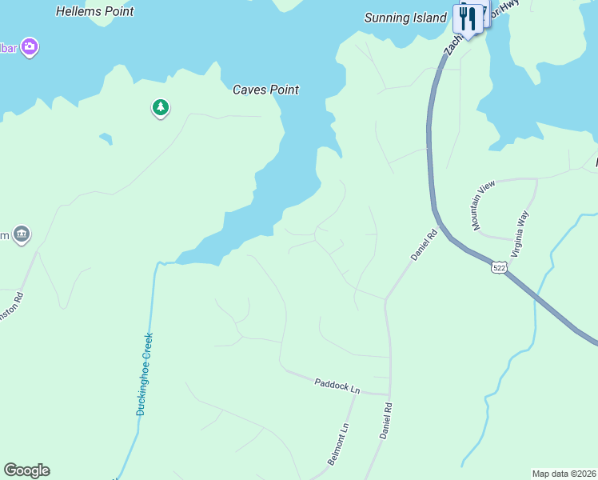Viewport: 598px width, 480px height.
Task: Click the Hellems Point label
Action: tap(95, 12)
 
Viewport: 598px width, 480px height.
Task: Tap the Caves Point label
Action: tap(265, 90)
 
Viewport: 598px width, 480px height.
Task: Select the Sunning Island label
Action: tap(405, 18)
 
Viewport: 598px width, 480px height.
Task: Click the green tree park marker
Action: tap(161, 107)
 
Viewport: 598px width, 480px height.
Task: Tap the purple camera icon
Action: tap(30, 47)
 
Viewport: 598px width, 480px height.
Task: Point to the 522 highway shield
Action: tap(499, 268)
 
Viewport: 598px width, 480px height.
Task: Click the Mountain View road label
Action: tap(484, 206)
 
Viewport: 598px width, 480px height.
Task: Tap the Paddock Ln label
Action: tap(337, 386)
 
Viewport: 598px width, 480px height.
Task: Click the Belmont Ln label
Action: tap(339, 445)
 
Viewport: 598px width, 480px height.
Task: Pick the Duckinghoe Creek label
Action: tap(144, 374)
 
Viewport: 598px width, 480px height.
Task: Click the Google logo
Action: tap(26, 470)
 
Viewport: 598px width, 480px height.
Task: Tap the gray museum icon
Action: tap(21, 234)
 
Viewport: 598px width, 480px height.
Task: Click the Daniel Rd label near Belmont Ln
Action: tap(385, 420)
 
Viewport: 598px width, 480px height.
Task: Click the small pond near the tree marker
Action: tap(106, 139)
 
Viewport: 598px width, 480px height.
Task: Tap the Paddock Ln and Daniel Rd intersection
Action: tap(390, 395)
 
